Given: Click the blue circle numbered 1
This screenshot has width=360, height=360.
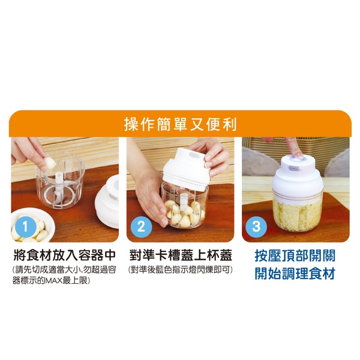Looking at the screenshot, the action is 25,227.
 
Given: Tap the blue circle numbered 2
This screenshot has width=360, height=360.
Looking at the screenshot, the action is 141,227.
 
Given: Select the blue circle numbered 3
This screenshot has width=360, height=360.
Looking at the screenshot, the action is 256,227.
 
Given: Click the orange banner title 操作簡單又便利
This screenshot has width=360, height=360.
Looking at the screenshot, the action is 180,125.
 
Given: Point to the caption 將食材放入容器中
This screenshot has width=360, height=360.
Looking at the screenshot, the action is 65,255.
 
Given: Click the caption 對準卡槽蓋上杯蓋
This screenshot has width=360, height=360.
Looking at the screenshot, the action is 181,255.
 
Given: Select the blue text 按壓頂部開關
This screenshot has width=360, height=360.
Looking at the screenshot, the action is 295,256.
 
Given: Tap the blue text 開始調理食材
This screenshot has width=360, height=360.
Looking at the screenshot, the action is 295,273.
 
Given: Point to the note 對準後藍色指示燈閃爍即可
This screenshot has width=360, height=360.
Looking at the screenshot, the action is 181,270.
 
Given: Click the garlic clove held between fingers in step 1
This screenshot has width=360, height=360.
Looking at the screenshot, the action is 50,163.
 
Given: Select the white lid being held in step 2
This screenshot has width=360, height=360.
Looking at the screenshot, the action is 187,169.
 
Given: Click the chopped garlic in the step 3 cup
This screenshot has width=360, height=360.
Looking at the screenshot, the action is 298,213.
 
